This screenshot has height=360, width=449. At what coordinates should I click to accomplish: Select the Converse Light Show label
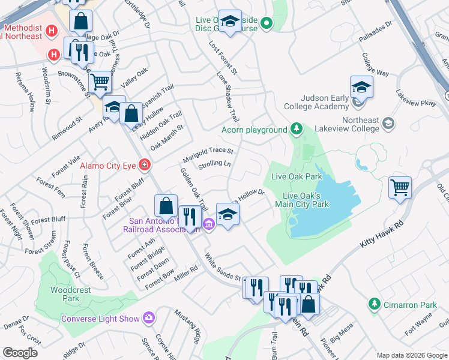[x=100, y=319]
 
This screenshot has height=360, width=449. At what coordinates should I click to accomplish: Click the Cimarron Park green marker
[x=375, y=304]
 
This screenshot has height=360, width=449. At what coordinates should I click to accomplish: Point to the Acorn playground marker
[x=295, y=129]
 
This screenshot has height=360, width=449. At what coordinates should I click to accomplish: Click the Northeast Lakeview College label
[x=348, y=124]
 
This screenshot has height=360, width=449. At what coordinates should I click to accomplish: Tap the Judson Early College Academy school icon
[x=361, y=88]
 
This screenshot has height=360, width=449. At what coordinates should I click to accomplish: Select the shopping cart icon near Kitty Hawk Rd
[x=400, y=188]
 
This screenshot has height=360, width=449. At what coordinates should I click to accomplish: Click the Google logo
[x=19, y=353]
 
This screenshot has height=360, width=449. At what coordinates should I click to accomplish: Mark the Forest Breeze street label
[x=93, y=262]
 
